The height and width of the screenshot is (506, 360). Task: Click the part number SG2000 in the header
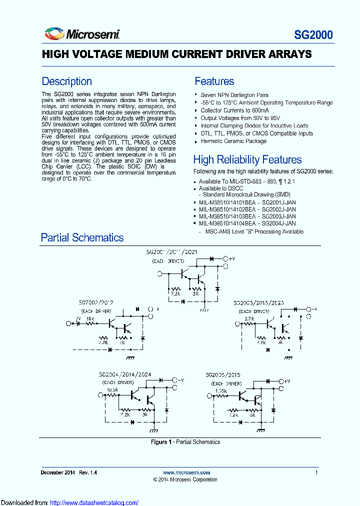313,35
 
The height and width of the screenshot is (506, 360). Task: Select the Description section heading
66,81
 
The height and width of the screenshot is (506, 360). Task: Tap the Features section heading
214,81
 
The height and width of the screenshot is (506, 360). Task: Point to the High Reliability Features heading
247,160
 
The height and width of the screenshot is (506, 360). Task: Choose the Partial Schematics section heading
82,237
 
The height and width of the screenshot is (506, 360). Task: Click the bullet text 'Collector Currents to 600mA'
234,110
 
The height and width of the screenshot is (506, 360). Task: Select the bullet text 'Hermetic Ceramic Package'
233,141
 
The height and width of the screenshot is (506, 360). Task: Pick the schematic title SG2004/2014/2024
124,374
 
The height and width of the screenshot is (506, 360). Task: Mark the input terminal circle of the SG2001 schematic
160,273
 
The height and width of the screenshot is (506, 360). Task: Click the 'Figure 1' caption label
161,442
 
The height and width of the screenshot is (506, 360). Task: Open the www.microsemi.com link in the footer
186,472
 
